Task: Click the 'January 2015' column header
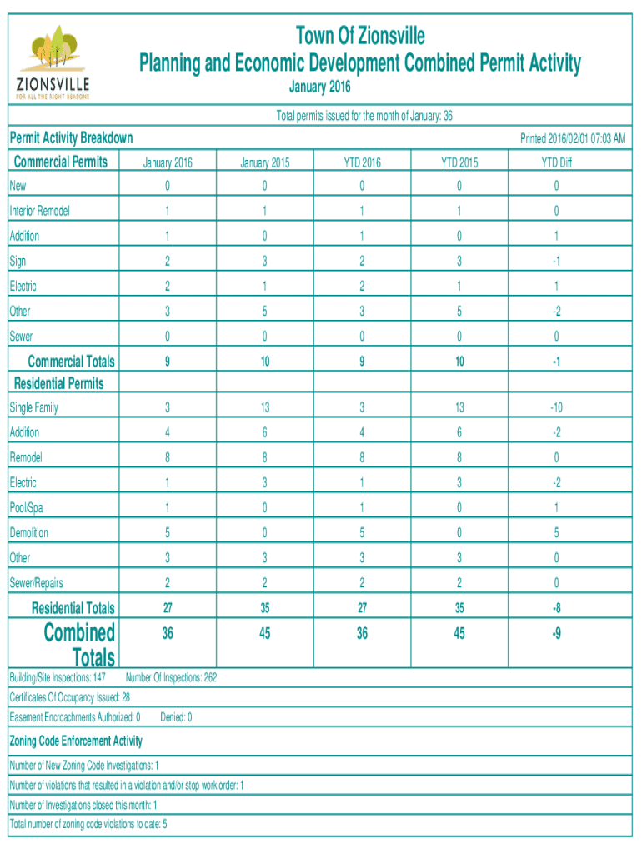click(x=264, y=163)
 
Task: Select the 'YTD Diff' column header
click(x=556, y=163)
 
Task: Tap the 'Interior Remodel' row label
click(x=39, y=212)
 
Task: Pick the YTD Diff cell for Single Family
click(x=556, y=408)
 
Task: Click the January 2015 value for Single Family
click(x=264, y=408)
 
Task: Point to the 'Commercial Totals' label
click(x=71, y=362)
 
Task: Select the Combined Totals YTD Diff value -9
click(x=556, y=635)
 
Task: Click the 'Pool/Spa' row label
click(x=28, y=508)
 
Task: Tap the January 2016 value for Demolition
click(x=168, y=533)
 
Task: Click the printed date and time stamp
click(x=573, y=138)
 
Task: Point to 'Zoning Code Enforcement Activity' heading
click(x=76, y=741)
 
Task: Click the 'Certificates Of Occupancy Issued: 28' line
click(x=69, y=697)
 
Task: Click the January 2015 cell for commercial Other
click(x=264, y=312)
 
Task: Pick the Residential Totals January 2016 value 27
click(x=168, y=608)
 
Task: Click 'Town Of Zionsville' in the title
click(x=360, y=36)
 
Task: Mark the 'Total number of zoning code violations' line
click(x=88, y=825)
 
